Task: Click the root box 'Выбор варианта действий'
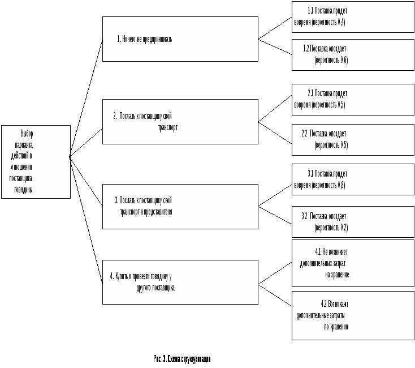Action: pyautogui.click(x=36, y=161)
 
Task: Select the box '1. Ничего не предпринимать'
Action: pyautogui.click(x=180, y=39)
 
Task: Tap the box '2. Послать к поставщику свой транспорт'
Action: pyautogui.click(x=180, y=122)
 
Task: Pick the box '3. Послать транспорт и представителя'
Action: pyautogui.click(x=180, y=206)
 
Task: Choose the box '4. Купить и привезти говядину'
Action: pyautogui.click(x=180, y=282)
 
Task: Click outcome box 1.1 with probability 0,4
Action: pyautogui.click(x=353, y=17)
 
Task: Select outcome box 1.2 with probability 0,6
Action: pyautogui.click(x=353, y=54)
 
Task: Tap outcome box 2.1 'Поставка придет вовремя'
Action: pyautogui.click(x=353, y=99)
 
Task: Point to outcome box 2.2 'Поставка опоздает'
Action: pyautogui.click(x=353, y=139)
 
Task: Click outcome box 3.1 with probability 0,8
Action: pyautogui.click(x=353, y=179)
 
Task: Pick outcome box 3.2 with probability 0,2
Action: pyautogui.click(x=353, y=222)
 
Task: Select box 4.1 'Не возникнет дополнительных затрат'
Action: pyautogui.click(x=353, y=263)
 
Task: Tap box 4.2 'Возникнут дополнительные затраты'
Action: pyautogui.click(x=353, y=315)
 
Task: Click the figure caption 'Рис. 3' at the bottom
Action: pyautogui.click(x=181, y=359)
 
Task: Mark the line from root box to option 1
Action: pyautogui.click(x=86, y=100)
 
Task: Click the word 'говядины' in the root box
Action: pyautogui.click(x=24, y=190)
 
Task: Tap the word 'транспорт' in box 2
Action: pyautogui.click(x=168, y=128)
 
